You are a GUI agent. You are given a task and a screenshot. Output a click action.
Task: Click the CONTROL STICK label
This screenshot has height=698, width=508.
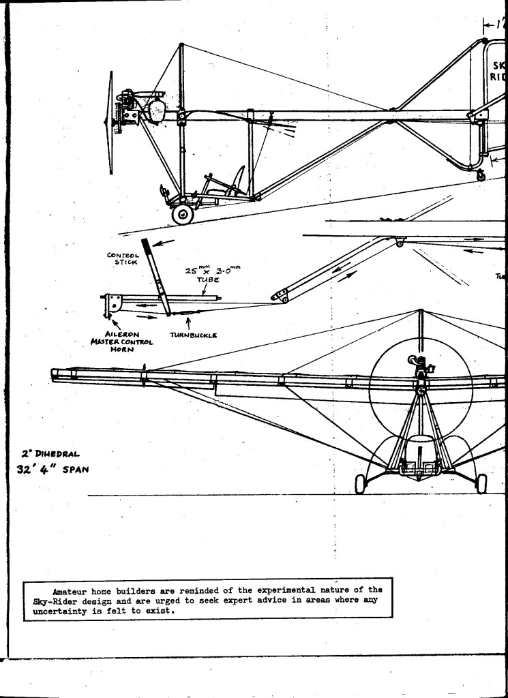coord(122,258)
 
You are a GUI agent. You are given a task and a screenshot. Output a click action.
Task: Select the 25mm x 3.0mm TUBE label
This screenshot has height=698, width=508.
coord(211,274)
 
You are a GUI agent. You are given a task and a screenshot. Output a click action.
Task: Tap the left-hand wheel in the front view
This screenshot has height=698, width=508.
coord(360,483)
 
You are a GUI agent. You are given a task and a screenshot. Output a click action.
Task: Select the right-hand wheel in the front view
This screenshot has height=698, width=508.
coord(481,483)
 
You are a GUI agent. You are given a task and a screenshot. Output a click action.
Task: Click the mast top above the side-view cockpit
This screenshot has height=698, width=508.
coord(182,46)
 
